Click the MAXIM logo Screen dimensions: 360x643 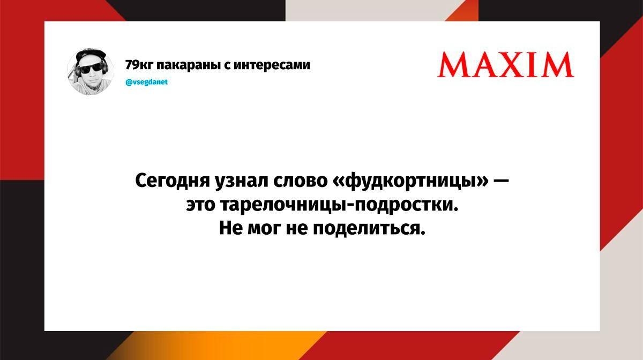point(505,65)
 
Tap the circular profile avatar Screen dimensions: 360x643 point(90,72)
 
